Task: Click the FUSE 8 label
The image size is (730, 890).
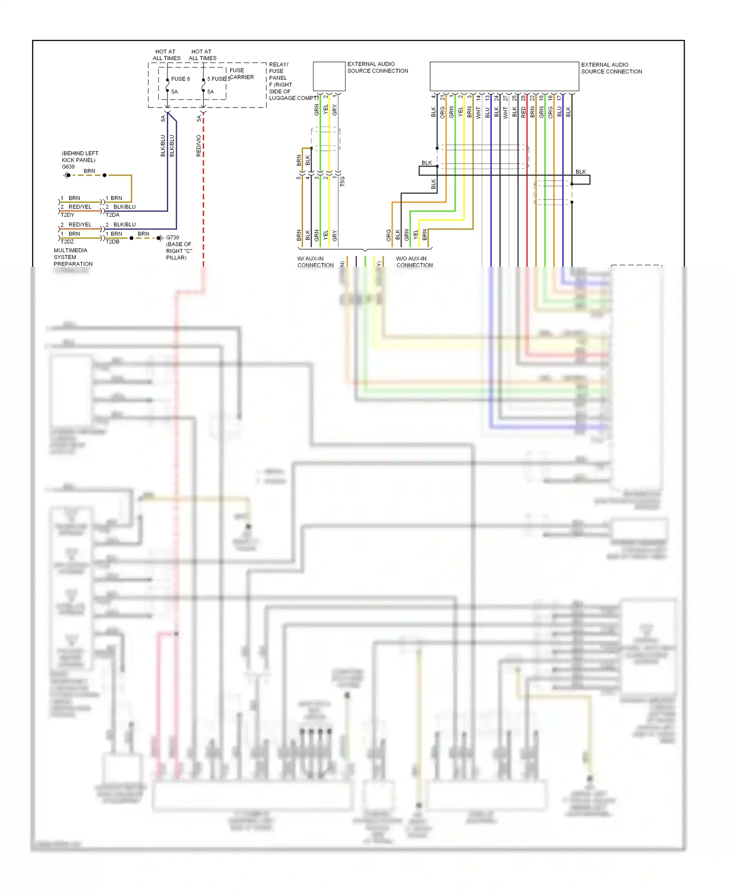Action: (x=180, y=79)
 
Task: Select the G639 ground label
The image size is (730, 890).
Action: (x=68, y=167)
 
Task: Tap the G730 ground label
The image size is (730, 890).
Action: (x=172, y=238)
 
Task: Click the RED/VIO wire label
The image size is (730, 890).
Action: (x=199, y=146)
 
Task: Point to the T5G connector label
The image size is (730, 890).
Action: (x=343, y=181)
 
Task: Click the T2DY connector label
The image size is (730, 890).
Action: (x=67, y=215)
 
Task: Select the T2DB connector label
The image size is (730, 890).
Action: (x=112, y=241)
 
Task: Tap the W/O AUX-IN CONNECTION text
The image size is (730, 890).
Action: (x=414, y=262)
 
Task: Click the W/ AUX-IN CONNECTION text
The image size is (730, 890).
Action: (x=315, y=262)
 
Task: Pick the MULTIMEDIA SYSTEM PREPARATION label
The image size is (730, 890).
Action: (x=73, y=257)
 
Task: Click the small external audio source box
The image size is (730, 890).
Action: (x=329, y=76)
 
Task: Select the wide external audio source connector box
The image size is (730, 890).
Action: (x=504, y=76)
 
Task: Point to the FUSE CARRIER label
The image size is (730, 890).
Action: (x=241, y=74)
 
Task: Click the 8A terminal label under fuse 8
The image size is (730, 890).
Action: (x=163, y=118)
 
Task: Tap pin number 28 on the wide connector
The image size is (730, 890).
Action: (x=523, y=98)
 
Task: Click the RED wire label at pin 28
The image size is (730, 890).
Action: (x=523, y=112)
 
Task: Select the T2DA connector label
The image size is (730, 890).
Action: (x=112, y=215)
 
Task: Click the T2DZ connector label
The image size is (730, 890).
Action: (x=67, y=241)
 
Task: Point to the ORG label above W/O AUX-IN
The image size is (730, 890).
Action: (x=388, y=235)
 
